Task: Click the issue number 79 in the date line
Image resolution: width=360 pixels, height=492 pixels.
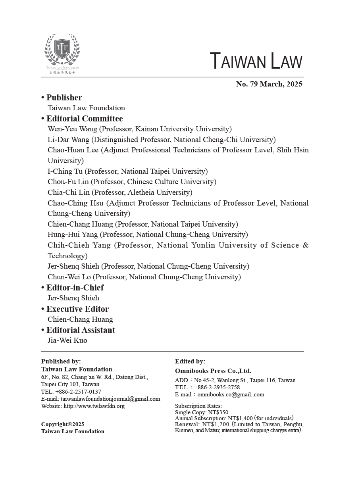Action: [254, 84]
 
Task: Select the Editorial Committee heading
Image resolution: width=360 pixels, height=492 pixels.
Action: [85, 119]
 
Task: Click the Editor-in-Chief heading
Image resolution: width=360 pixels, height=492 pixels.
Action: [75, 288]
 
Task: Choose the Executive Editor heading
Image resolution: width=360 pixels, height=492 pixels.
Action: [77, 309]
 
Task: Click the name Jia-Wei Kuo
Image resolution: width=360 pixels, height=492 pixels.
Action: [67, 340]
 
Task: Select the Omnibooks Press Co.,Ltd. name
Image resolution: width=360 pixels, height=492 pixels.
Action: [213, 371]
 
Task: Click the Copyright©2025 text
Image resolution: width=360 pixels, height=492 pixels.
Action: [63, 424]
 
